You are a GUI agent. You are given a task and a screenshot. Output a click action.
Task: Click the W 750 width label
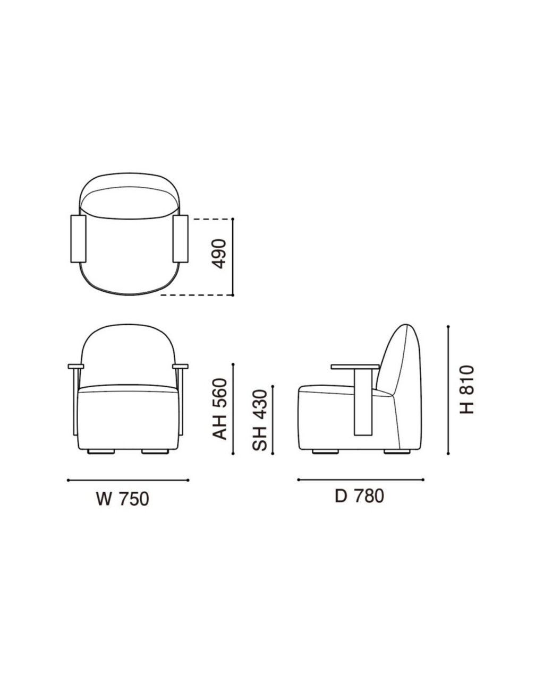(122, 499)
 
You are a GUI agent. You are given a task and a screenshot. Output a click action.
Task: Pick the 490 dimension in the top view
(219, 254)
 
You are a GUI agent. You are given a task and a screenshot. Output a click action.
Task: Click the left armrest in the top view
(78, 239)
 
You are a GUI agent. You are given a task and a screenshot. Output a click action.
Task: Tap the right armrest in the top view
(181, 239)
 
